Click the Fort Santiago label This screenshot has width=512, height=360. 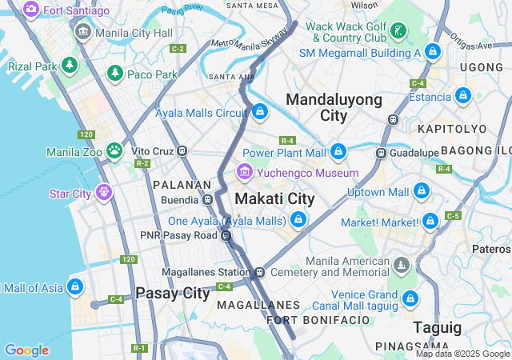pos(76,10)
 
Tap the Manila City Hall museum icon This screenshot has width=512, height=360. pos(82,33)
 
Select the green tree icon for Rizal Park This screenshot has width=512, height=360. pos(70,65)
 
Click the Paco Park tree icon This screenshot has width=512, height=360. pos(115,74)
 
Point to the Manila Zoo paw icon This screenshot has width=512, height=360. pos(115,150)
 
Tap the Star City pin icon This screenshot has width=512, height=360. pos(103,192)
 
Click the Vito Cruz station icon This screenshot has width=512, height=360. pos(182,150)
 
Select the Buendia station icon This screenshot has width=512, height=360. pos(208,199)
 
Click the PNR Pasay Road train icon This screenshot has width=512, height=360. pos(227,235)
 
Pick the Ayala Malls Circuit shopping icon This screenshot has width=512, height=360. pos(259,113)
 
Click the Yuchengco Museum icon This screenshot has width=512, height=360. pos(244,172)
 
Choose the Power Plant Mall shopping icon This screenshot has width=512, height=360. pos(338,151)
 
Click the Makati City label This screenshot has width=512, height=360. pos(274,198)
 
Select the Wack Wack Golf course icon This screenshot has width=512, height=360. pos(398,31)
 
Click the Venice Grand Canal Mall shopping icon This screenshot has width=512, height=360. pos(410,299)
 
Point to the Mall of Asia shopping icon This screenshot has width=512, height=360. pos(75,286)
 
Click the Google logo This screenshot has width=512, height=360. pos(26,350)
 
